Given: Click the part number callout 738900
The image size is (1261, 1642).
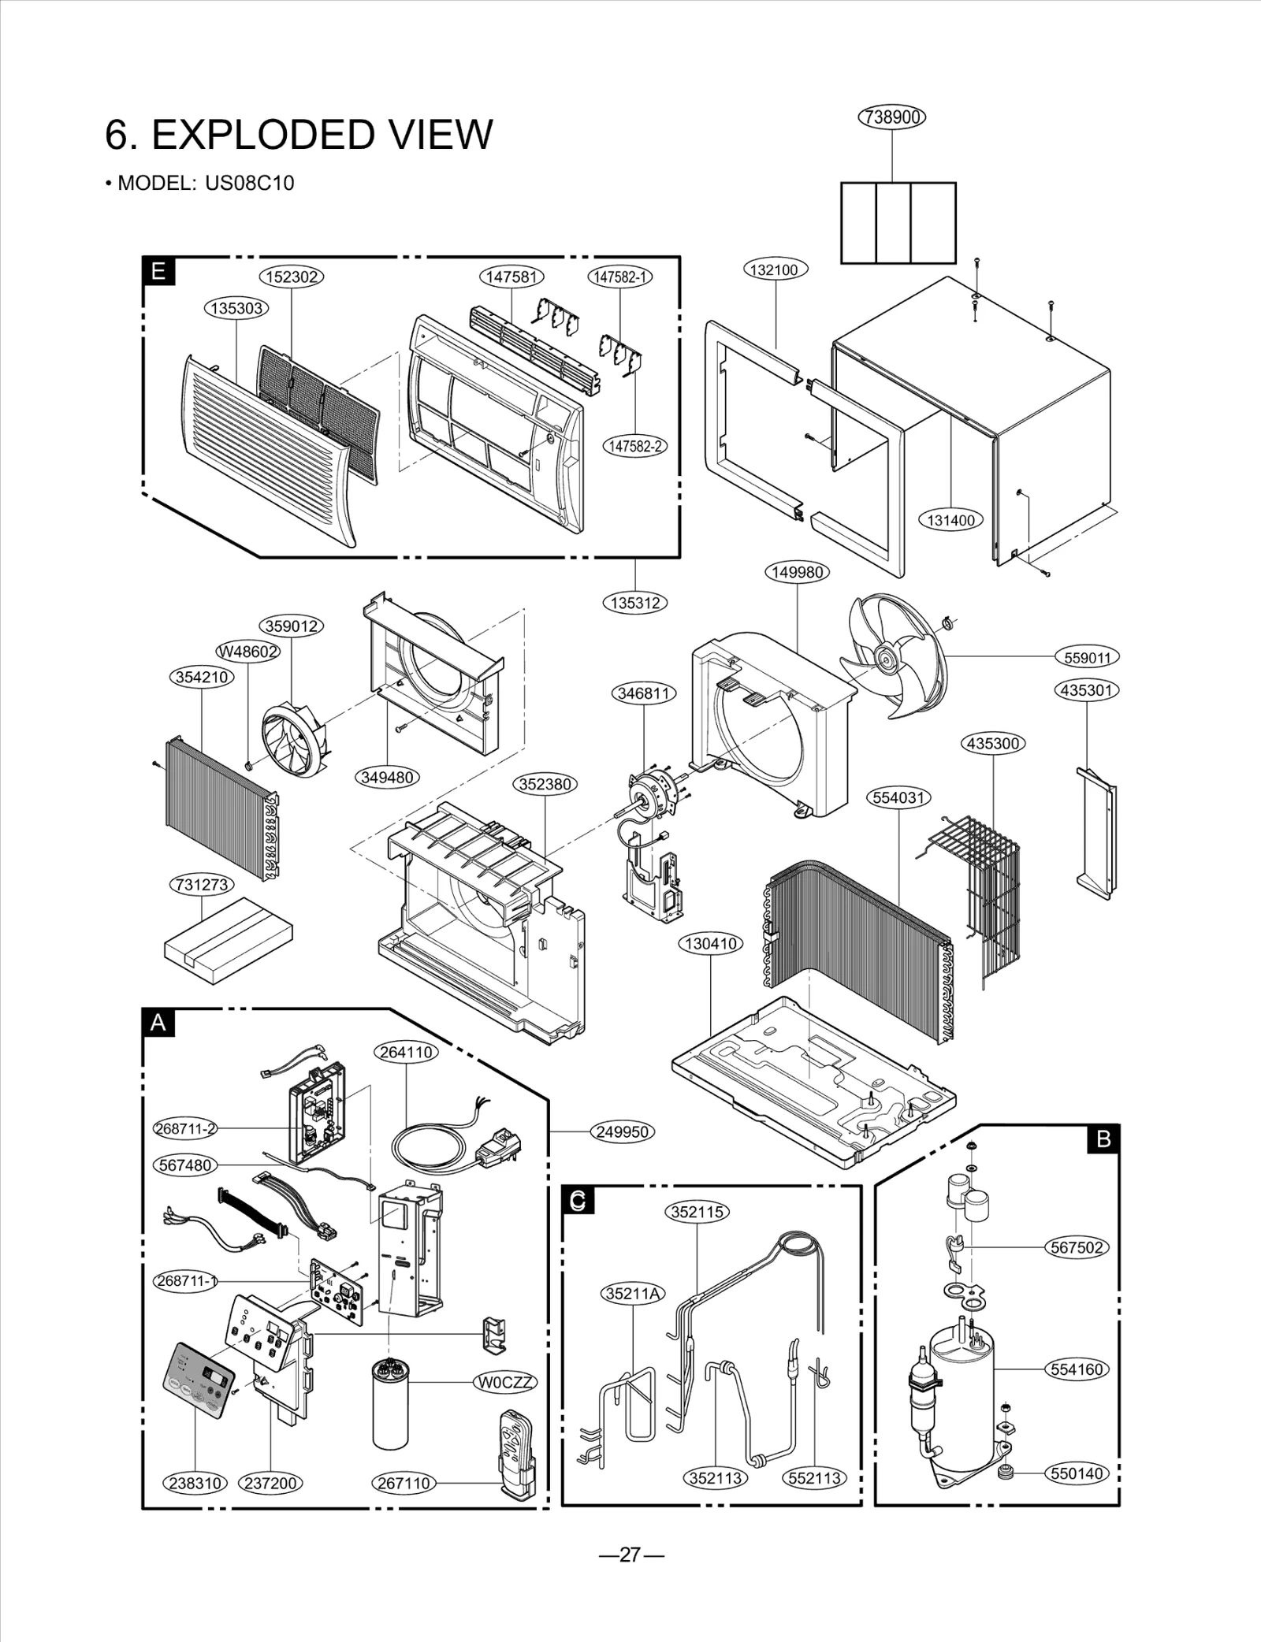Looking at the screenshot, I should [891, 117].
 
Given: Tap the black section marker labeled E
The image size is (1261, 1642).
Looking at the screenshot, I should [158, 272].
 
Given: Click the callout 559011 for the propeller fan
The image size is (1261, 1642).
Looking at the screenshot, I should [1087, 657].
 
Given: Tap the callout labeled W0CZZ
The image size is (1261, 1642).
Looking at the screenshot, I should [505, 1382].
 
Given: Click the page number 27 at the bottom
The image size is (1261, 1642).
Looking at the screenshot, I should [630, 1554].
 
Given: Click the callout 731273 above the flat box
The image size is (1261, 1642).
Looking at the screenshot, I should [202, 884].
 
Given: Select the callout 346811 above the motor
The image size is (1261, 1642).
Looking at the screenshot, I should [644, 693].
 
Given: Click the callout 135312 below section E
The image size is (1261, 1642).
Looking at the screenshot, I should [634, 603].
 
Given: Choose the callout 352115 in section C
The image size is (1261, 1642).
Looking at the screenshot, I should [697, 1211].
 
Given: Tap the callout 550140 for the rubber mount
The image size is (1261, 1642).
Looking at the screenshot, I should [1077, 1473].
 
